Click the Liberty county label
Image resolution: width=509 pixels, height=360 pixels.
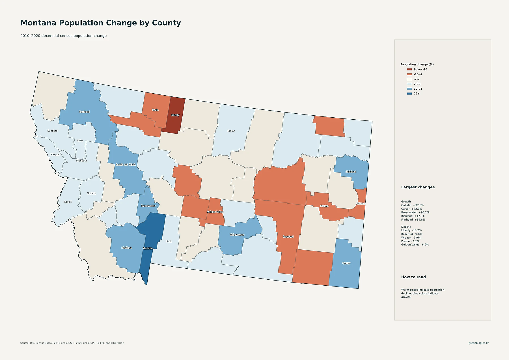tap(175, 115)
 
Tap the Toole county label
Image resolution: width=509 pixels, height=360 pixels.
tap(155, 110)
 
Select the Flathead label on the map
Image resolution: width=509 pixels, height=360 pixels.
tap(84, 112)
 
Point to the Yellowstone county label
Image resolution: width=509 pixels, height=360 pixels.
tap(237, 235)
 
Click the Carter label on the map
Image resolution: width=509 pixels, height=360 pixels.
tap(346, 263)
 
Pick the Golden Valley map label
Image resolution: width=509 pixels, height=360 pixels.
tap(215, 212)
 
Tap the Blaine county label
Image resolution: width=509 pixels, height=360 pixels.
tap(231, 131)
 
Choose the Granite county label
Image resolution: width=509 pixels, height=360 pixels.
tap(91, 193)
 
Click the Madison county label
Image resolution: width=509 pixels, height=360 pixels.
tap(127, 248)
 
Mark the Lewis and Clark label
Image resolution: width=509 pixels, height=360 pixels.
tap(126, 165)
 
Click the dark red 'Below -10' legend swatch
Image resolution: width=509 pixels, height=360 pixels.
tap(409, 69)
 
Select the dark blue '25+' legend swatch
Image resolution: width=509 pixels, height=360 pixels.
tap(409, 94)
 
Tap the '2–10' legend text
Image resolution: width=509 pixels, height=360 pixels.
tap(417, 84)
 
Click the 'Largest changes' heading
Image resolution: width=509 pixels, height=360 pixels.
tap(418, 187)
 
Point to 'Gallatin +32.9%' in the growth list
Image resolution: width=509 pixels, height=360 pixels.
tap(413, 205)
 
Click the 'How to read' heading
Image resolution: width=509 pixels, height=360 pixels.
tap(413, 277)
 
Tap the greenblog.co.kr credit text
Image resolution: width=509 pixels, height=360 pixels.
tap(479, 343)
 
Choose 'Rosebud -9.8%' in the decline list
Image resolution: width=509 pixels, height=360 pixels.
tap(412, 234)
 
